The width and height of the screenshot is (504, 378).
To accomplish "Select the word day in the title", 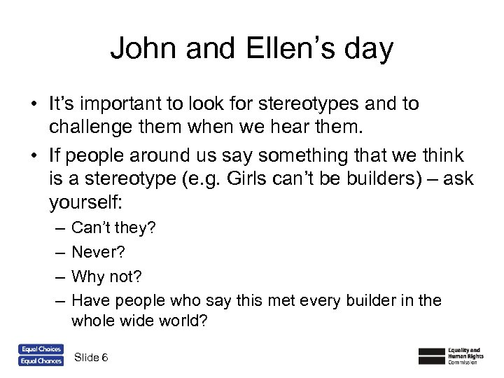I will click(x=370, y=51).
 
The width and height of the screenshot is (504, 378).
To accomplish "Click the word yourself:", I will click(x=85, y=204).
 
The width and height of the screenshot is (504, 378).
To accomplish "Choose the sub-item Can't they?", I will click(x=114, y=227).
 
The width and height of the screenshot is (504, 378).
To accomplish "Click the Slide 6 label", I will click(x=90, y=358).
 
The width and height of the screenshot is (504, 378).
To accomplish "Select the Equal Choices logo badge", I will click(x=41, y=349).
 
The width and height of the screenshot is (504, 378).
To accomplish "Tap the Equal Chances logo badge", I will click(x=41, y=361).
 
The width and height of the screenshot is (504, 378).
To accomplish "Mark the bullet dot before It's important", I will click(x=33, y=105).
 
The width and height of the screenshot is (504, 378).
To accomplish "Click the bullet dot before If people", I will click(x=33, y=155).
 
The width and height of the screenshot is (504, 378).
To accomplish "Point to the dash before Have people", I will click(x=57, y=301).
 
